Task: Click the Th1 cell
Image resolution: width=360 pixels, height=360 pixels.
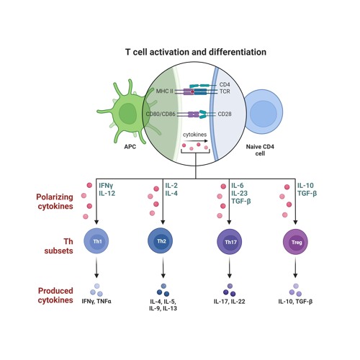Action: click(x=96, y=242)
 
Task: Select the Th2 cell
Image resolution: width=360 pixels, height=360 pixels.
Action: click(x=163, y=242)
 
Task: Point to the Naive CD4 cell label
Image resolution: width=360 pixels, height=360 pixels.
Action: click(x=264, y=150)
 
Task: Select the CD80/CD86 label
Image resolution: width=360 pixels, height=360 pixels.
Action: click(x=161, y=114)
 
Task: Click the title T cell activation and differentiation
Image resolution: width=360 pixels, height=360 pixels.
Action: click(x=196, y=53)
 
